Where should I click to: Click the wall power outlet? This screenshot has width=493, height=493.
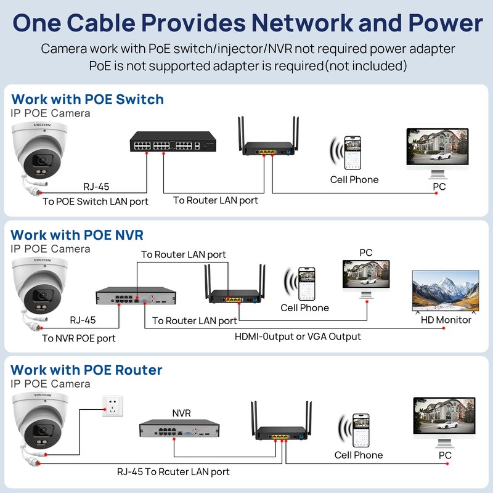113,406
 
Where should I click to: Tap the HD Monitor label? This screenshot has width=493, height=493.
446,320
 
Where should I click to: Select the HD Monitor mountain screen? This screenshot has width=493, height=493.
446,291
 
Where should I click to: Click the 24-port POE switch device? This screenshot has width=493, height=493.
173,142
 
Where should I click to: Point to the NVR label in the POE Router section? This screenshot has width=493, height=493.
181,413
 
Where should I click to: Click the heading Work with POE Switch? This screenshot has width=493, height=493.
88,99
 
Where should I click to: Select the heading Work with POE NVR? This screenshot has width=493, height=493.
77,235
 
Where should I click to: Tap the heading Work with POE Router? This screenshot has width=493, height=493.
86,370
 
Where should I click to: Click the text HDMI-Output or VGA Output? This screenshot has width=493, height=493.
298,336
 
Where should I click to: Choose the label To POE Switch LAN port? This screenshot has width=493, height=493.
96,202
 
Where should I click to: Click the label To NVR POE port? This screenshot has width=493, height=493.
79,338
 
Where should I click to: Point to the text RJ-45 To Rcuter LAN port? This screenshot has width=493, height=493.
173,471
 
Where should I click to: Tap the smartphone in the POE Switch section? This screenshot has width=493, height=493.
352,153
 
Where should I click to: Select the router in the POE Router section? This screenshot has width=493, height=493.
282,421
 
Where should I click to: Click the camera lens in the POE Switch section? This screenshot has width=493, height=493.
42,160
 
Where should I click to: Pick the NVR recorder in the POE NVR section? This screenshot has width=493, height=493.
136,296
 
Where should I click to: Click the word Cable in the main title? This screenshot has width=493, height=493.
101,23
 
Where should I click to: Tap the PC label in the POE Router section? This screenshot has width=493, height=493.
445,455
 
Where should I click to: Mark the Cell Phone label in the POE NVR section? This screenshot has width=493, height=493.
304,308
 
